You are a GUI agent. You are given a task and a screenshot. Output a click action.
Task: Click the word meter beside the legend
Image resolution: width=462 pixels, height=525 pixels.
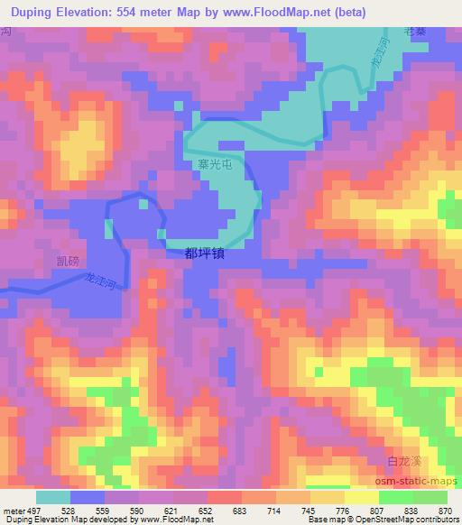(x=14, y=511)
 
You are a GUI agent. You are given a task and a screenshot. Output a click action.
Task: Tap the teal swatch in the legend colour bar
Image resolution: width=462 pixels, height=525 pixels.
(x=52, y=497)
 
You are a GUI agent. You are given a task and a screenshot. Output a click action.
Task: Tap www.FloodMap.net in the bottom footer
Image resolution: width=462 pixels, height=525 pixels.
(x=175, y=520)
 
